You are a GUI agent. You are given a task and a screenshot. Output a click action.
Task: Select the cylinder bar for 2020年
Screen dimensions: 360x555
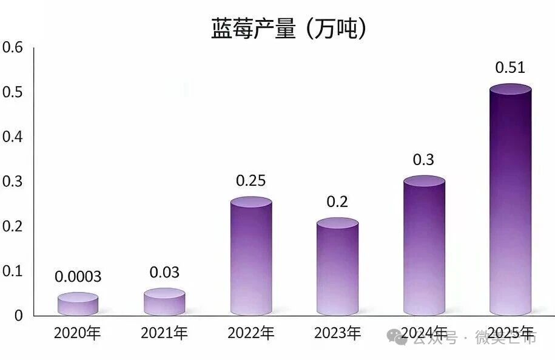coord(78,305)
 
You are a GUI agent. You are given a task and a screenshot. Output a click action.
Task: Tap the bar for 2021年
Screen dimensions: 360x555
coord(164,302)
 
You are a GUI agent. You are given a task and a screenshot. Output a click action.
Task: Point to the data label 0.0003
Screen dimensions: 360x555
coord(78,277)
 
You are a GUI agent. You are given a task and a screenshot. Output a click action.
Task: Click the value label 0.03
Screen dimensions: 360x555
coord(164,273)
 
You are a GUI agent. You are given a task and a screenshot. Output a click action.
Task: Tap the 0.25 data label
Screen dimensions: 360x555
coord(251,181)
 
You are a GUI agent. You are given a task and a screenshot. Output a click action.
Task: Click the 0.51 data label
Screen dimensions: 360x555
coord(510,67)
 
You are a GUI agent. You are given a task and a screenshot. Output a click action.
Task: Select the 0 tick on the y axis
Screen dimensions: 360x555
coord(19,316)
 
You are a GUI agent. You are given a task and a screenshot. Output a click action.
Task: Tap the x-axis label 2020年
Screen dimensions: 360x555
coord(77,333)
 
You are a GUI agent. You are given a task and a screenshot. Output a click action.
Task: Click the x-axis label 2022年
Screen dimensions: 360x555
coord(251,333)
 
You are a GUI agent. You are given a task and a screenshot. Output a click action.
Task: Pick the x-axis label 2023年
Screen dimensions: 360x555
coord(337,333)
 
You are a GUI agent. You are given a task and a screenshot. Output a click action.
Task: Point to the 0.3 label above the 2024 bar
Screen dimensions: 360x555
coord(423,160)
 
